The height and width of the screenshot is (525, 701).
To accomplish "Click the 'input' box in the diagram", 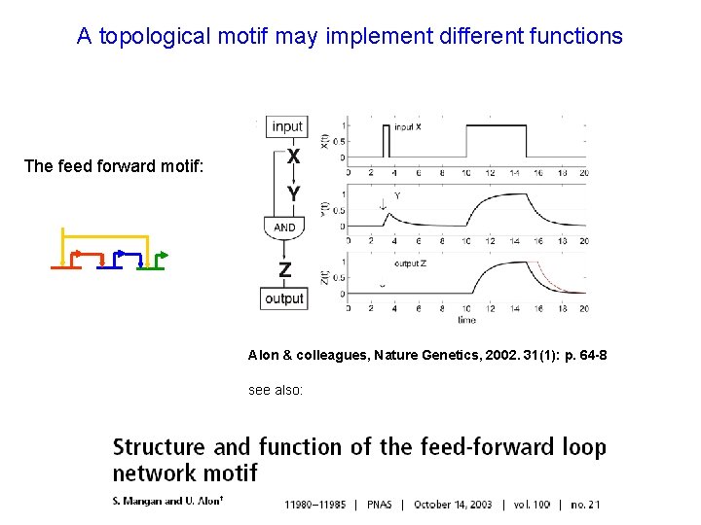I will (287, 126).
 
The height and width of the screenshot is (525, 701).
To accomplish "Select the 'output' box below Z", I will (284, 298).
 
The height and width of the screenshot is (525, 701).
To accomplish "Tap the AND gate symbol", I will (284, 227).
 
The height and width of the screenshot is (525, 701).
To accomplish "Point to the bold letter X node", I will (293, 156).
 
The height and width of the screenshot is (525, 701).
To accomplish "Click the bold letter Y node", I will (293, 194).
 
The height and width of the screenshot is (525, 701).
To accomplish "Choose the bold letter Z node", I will (285, 268).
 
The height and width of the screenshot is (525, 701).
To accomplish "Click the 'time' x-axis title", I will (467, 320).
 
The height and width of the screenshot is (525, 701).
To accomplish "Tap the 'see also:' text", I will (276, 390).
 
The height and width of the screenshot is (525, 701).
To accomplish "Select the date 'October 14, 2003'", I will (453, 505).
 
